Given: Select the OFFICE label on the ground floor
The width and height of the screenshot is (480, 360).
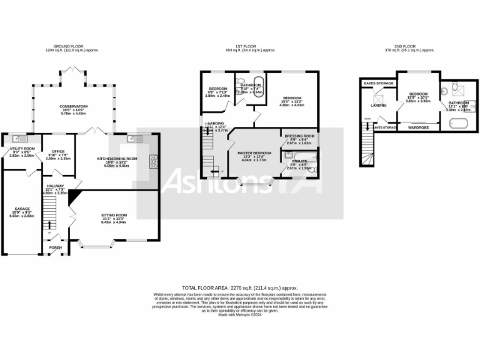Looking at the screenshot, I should [59, 151].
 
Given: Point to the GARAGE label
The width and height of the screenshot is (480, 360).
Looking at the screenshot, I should [22, 208].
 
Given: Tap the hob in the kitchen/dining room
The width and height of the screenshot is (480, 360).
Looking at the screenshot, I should [153, 163].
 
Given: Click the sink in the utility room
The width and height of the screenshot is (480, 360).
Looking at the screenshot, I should [17, 138].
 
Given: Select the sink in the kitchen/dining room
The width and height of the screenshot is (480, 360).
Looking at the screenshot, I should [134, 138].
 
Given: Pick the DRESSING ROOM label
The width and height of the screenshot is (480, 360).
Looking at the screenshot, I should [299, 136].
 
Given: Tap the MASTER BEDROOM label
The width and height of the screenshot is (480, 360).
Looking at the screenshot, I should [254, 152].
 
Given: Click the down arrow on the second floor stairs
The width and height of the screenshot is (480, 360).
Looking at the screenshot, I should [367, 127].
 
